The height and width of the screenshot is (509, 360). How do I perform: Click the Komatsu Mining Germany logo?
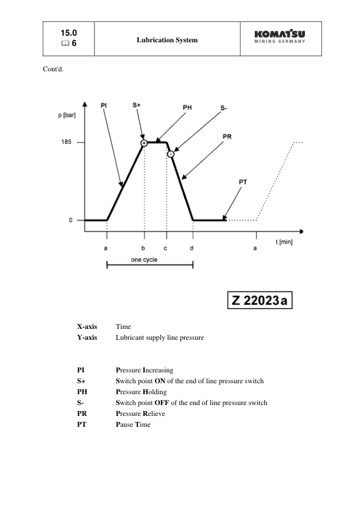tap(280, 37)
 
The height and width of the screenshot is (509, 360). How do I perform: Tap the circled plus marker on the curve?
tap(144, 143)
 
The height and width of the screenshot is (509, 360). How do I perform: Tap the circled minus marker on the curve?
tap(171, 155)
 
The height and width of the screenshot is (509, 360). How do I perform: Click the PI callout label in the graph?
tap(103, 105)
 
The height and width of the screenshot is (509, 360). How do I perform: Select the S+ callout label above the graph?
tap(137, 105)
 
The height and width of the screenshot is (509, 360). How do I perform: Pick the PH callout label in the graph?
tap(188, 108)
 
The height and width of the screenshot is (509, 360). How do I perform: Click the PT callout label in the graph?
tap(243, 181)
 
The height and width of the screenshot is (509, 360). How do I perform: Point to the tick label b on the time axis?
tap(143, 248)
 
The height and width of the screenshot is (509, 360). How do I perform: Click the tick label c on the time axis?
tap(165, 248)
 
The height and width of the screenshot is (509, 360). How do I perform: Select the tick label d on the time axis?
tap(192, 248)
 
